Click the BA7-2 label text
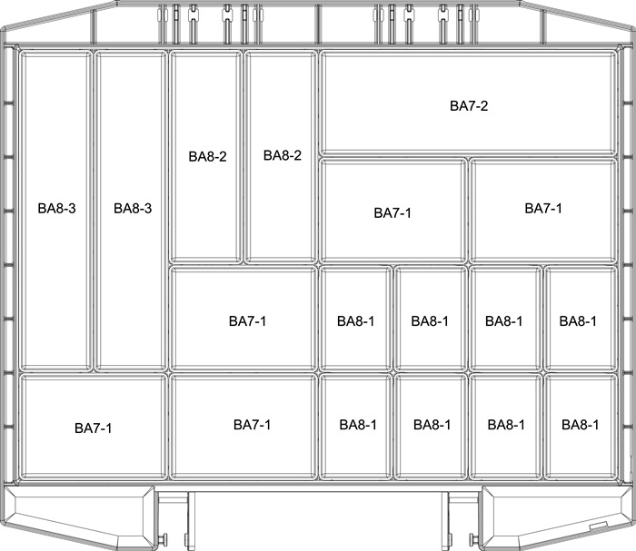pos(469,105)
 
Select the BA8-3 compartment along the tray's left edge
pos(56,211)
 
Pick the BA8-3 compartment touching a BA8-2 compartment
pos(131,211)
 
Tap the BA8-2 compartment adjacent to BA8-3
pos(205,157)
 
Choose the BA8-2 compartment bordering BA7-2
pos(281,157)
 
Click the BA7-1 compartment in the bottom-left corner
pos(94,427)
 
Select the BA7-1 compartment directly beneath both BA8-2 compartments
pos(243,319)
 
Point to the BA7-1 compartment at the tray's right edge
pos(543,211)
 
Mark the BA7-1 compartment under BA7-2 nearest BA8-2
pos(393,211)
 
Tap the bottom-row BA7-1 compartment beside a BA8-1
pos(243,427)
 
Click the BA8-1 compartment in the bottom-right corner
pos(581,427)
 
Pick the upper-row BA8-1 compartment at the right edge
pos(581,319)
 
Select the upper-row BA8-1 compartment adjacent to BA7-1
pos(356,319)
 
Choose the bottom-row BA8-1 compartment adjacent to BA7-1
pos(356,427)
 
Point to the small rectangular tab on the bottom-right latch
pos(598,525)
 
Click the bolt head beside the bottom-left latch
pos(164,538)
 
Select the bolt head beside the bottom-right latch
pos(472,538)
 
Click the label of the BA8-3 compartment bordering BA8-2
pos(133,208)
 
